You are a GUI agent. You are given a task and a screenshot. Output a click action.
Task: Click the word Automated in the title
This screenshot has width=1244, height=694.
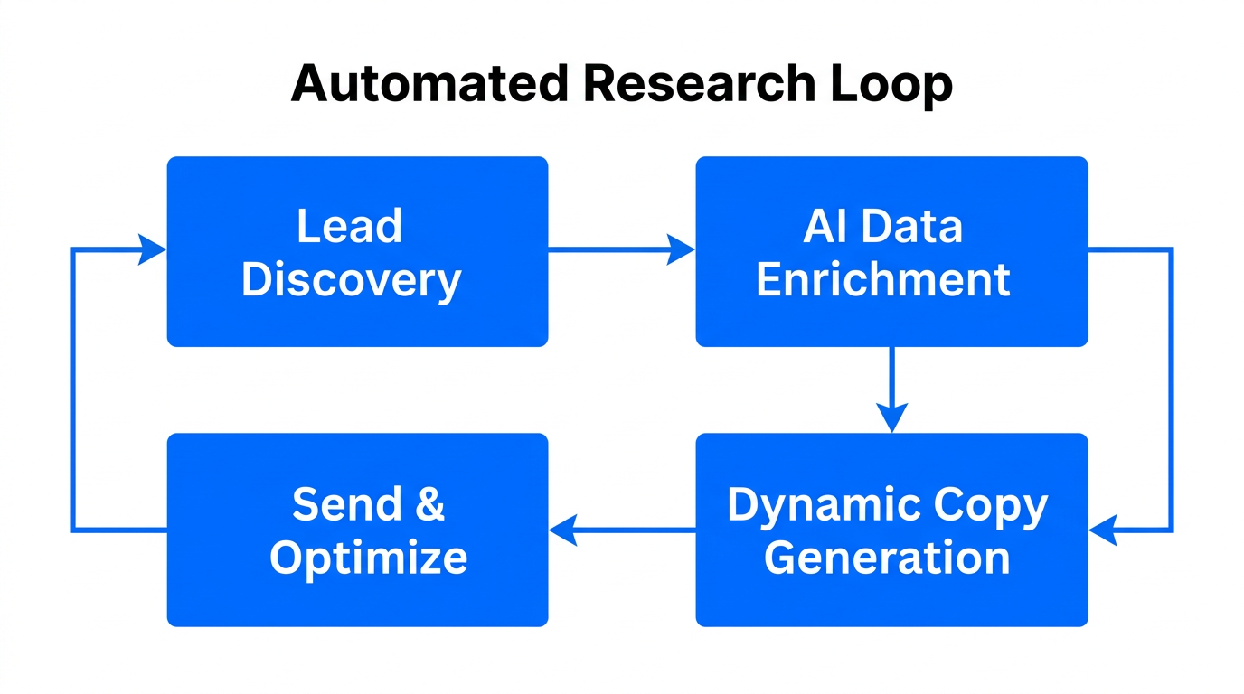coord(429,84)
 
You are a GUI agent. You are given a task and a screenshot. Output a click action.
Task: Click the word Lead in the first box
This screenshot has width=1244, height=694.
coord(349,226)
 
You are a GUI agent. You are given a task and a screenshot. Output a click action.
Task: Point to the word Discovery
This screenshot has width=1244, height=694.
coord(351,280)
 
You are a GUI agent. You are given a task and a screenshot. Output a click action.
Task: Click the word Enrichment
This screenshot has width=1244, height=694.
coord(882,280)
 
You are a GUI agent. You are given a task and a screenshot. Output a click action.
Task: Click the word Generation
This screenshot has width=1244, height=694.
coord(886,558)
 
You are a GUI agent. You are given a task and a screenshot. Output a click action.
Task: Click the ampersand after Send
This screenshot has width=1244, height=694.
coord(429,504)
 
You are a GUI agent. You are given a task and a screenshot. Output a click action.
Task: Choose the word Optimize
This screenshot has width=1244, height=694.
coord(368,558)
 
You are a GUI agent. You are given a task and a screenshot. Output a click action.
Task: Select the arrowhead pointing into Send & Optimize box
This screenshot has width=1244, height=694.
coord(562,530)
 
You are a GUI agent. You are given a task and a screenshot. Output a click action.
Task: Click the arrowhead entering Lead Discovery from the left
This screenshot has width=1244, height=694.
coord(152,249)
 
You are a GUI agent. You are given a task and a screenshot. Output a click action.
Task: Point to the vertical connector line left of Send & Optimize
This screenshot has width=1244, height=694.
coord(72,389)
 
